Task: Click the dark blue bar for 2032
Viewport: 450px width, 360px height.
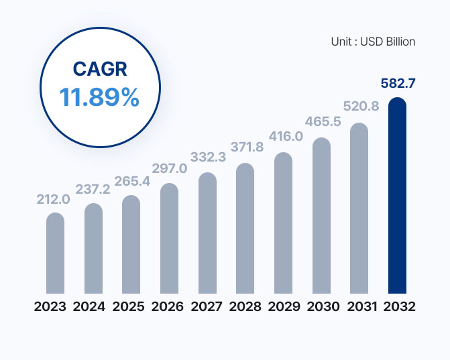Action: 397,195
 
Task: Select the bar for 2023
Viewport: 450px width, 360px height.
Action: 55,253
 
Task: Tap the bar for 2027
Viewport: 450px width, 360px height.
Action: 207,233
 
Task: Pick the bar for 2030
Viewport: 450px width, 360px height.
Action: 321,215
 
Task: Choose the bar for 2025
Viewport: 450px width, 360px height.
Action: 131,245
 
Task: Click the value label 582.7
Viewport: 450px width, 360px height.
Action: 398,84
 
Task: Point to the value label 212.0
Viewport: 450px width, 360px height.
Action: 53,199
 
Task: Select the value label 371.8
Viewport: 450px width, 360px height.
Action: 247,147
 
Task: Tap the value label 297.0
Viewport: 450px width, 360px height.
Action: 169,168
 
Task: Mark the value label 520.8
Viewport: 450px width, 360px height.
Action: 361,106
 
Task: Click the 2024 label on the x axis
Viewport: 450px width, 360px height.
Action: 89,306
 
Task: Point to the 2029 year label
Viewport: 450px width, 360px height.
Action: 284,306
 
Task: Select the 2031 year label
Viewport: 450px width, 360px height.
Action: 361,306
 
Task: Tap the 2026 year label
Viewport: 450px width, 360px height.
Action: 167,306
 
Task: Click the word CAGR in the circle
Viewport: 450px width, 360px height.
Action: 100,69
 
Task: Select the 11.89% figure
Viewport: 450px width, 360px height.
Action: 99,97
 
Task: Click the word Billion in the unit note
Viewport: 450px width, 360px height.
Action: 400,42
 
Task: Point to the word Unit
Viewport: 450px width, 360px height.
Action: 341,42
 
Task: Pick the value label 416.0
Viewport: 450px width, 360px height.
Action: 286,136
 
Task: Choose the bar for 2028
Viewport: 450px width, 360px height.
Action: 245,229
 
